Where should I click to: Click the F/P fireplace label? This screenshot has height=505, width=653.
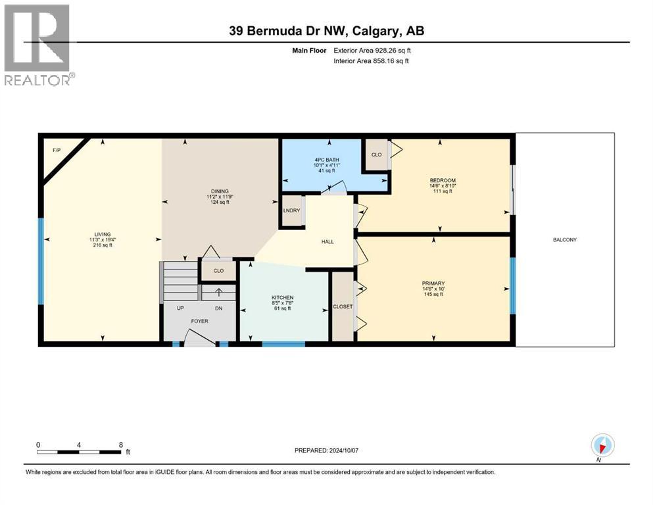click(x=57, y=151)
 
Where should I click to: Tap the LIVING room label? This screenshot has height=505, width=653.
click(x=103, y=234)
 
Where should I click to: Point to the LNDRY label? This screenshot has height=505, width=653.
click(x=291, y=210)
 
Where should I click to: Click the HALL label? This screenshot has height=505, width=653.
click(x=327, y=241)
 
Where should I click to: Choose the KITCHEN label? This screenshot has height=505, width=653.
click(x=282, y=297)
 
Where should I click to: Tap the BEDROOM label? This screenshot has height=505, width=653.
click(x=442, y=180)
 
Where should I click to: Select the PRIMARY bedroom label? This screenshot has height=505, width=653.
click(x=433, y=283)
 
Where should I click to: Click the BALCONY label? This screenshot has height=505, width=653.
click(x=564, y=239)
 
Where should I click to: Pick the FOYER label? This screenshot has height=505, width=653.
click(x=199, y=322)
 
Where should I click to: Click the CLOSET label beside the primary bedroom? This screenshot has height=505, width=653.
click(x=343, y=306)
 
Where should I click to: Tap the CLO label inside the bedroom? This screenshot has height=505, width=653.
click(x=376, y=155)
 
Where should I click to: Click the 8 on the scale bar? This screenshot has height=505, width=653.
click(x=120, y=445)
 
